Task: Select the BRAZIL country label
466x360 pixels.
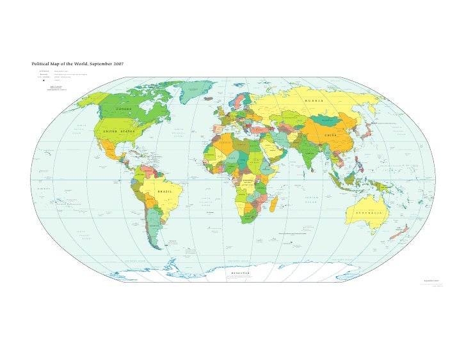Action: (x=165, y=191)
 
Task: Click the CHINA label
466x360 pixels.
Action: (x=331, y=136)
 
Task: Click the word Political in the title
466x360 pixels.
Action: (x=42, y=65)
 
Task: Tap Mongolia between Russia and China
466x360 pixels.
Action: (x=329, y=121)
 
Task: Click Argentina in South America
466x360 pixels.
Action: (x=151, y=227)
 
